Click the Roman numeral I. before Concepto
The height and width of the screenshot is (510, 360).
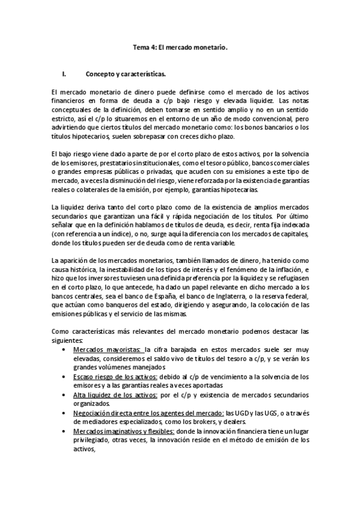[x=64, y=75]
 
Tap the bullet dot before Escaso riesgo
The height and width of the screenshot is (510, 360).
[x=64, y=376]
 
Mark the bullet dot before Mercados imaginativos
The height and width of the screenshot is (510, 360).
[x=64, y=432]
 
